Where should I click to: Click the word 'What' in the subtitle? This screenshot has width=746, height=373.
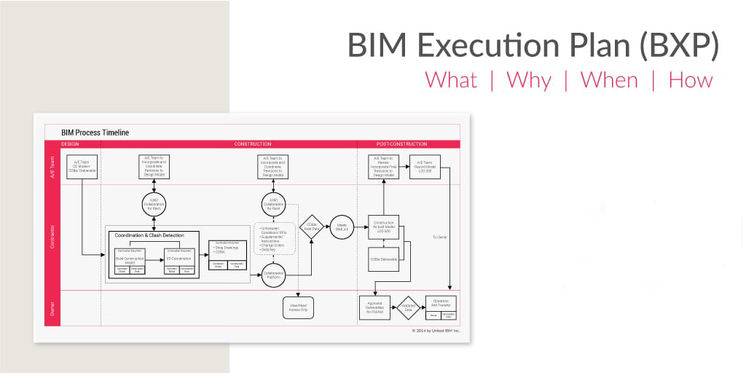tap(451, 79)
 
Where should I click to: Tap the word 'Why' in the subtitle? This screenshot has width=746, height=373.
tap(529, 79)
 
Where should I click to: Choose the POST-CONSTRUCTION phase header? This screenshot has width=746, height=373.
tap(401, 144)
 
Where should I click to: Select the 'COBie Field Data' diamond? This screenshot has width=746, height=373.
tap(311, 227)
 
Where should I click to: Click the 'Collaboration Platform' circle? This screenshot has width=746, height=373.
tap(273, 275)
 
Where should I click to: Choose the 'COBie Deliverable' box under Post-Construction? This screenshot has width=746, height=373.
tap(383, 259)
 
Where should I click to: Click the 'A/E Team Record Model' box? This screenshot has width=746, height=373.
tap(425, 167)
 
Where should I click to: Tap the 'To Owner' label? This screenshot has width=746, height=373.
tap(439, 237)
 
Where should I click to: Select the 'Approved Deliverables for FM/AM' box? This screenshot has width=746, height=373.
tap(375, 307)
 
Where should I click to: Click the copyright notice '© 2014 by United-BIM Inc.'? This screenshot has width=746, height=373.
tap(436, 330)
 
